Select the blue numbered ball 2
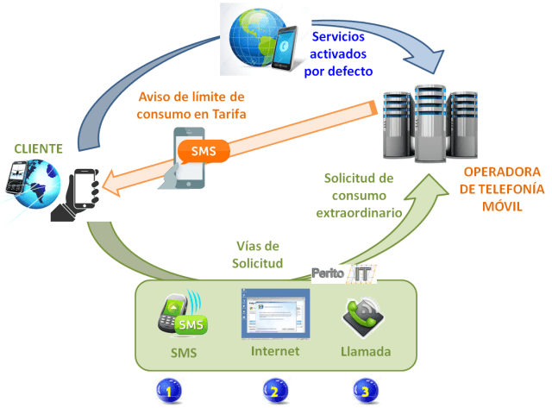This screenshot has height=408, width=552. (273, 391)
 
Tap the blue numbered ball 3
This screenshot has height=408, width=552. (365, 391)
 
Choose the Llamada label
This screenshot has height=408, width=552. (367, 353)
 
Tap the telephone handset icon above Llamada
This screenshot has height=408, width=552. (367, 314)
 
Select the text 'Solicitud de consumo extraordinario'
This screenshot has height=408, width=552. (359, 194)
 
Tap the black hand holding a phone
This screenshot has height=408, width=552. (76, 195)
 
